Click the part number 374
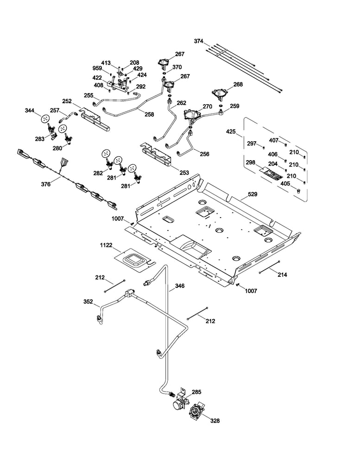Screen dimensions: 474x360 [199, 41]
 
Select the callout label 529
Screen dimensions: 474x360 [253, 194]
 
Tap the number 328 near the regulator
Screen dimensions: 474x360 [215, 421]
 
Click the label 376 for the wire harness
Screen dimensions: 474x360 [46, 184]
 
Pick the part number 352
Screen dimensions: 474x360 [88, 301]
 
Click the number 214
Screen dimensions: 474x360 [282, 274]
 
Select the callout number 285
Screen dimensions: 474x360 [196, 392]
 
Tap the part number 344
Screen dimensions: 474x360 [30, 111]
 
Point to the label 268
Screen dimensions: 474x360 [238, 85]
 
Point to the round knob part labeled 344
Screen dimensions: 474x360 [45, 119]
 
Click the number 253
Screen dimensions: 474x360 [184, 173]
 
